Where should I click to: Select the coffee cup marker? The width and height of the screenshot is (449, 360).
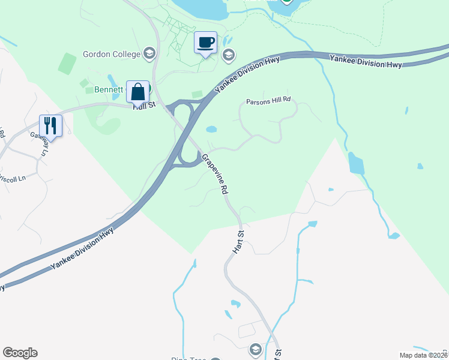[x=206, y=43]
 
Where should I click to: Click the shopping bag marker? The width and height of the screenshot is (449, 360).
[x=137, y=92]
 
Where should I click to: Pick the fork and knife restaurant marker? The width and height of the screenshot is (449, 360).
[x=50, y=126]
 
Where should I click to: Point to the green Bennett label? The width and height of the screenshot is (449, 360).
[x=108, y=90]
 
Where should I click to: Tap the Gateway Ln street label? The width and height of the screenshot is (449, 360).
[x=39, y=144]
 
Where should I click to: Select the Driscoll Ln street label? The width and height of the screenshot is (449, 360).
[x=13, y=178]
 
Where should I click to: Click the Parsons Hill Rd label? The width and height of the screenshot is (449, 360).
[x=269, y=101]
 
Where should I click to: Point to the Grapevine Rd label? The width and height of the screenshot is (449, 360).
[x=215, y=174]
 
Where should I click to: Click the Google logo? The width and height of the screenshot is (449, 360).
[x=20, y=353]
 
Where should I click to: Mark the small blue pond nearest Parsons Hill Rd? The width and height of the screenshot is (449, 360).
[x=211, y=129]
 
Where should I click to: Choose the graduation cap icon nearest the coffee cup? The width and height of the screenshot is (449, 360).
[x=228, y=56]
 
